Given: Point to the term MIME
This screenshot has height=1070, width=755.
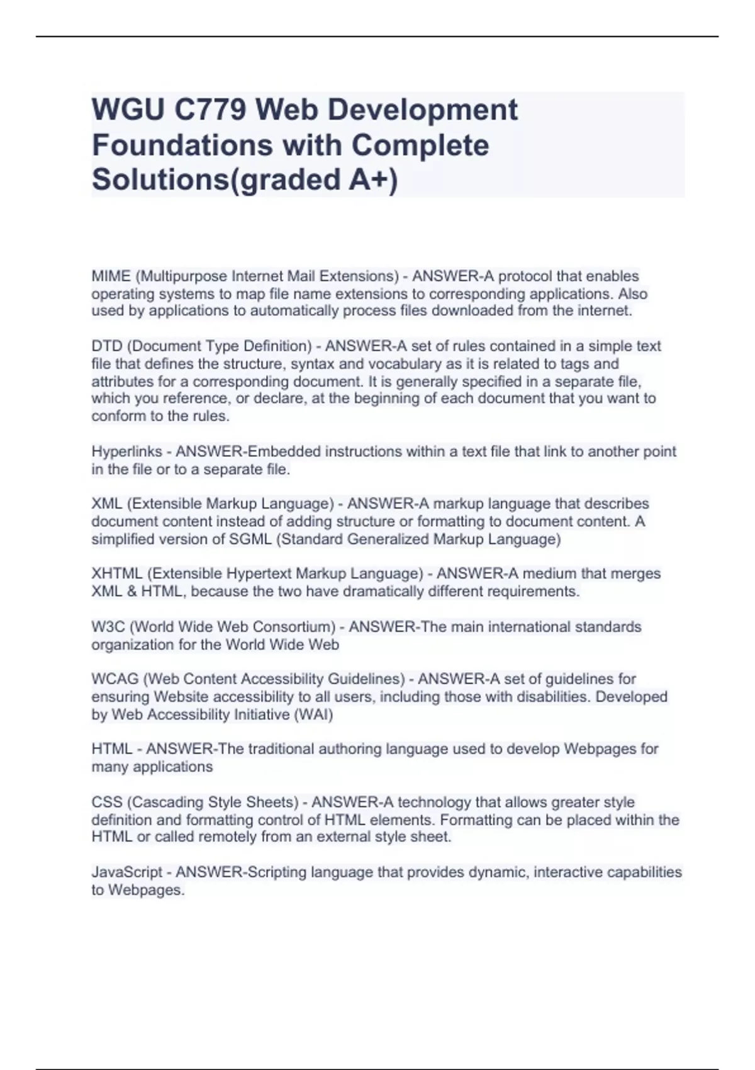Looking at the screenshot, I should (111, 276).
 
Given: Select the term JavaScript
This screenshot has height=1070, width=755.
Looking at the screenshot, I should (127, 872).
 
